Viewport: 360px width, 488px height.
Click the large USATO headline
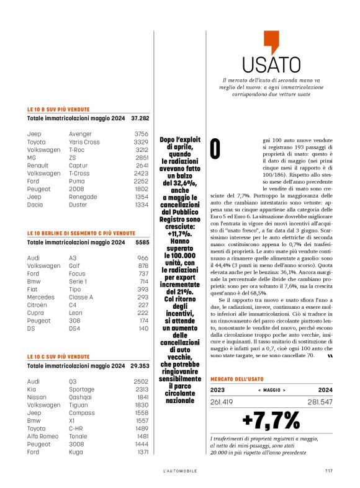pyautogui.click(x=271, y=64)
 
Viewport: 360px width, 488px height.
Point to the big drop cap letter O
pyautogui.click(x=215, y=149)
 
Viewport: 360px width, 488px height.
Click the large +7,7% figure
pyautogui.click(x=271, y=420)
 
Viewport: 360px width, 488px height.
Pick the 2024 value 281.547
pyautogui.click(x=317, y=402)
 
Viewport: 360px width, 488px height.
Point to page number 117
pyautogui.click(x=328, y=470)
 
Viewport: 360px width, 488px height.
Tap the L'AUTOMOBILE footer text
pyautogui.click(x=179, y=470)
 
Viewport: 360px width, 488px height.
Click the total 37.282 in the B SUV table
pyautogui.click(x=140, y=117)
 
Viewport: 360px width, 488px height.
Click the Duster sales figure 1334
pyautogui.click(x=142, y=205)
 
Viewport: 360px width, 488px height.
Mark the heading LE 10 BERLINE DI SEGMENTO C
pyautogui.click(x=81, y=233)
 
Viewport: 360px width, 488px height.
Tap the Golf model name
pyautogui.click(x=75, y=265)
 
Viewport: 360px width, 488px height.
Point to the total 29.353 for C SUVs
pyautogui.click(x=140, y=365)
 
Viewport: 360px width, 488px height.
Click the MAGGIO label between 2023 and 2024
pyautogui.click(x=271, y=391)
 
